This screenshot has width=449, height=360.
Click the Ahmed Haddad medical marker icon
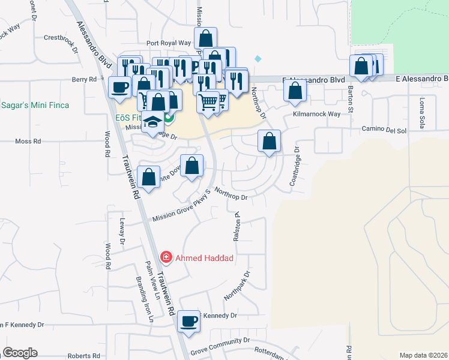(166, 257)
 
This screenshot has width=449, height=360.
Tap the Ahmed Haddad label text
(203, 259)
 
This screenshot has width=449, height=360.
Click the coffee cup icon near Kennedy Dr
(189, 321)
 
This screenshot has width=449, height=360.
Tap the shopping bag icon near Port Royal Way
(205, 38)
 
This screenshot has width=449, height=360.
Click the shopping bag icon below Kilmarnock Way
(270, 142)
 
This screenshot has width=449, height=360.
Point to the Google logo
(20, 352)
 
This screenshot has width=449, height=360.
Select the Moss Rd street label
(28, 142)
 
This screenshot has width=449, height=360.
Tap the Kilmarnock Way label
(316, 113)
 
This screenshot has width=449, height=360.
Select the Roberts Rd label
(79, 356)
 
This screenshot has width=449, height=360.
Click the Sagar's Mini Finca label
(34, 105)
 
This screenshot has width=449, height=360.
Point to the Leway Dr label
(121, 232)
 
